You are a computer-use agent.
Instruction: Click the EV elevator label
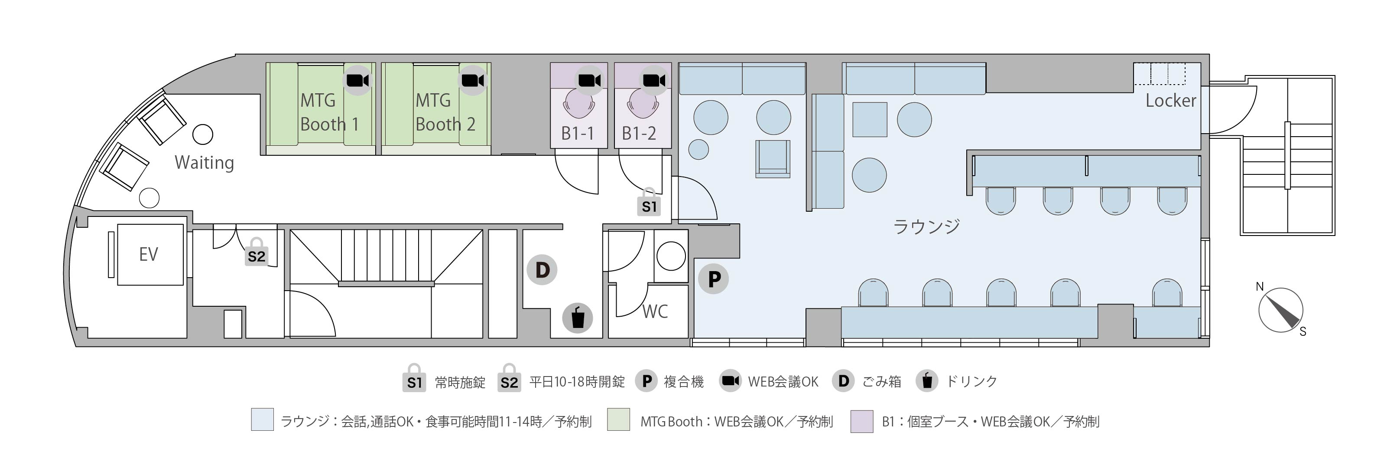[148, 254]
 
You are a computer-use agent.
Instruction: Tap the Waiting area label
[205, 162]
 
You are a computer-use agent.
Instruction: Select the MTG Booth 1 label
[329, 112]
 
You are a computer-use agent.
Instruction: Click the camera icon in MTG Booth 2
[473, 81]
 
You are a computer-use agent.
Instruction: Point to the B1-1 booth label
[577, 133]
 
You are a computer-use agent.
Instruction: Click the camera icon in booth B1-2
[654, 81]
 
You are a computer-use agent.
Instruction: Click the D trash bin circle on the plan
[543, 270]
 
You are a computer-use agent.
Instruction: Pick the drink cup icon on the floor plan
[577, 318]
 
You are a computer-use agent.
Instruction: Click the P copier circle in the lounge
[714, 279]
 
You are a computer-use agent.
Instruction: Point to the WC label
[655, 311]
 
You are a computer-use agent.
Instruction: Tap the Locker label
[1170, 101]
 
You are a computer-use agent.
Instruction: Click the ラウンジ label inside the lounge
[926, 226]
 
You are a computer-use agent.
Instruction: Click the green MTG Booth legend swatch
[619, 419]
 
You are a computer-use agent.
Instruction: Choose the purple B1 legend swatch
[862, 421]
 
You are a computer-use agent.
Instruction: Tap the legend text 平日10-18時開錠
[577, 382]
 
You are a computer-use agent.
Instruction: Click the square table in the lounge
[870, 119]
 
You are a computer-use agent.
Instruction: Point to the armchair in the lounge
[773, 158]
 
